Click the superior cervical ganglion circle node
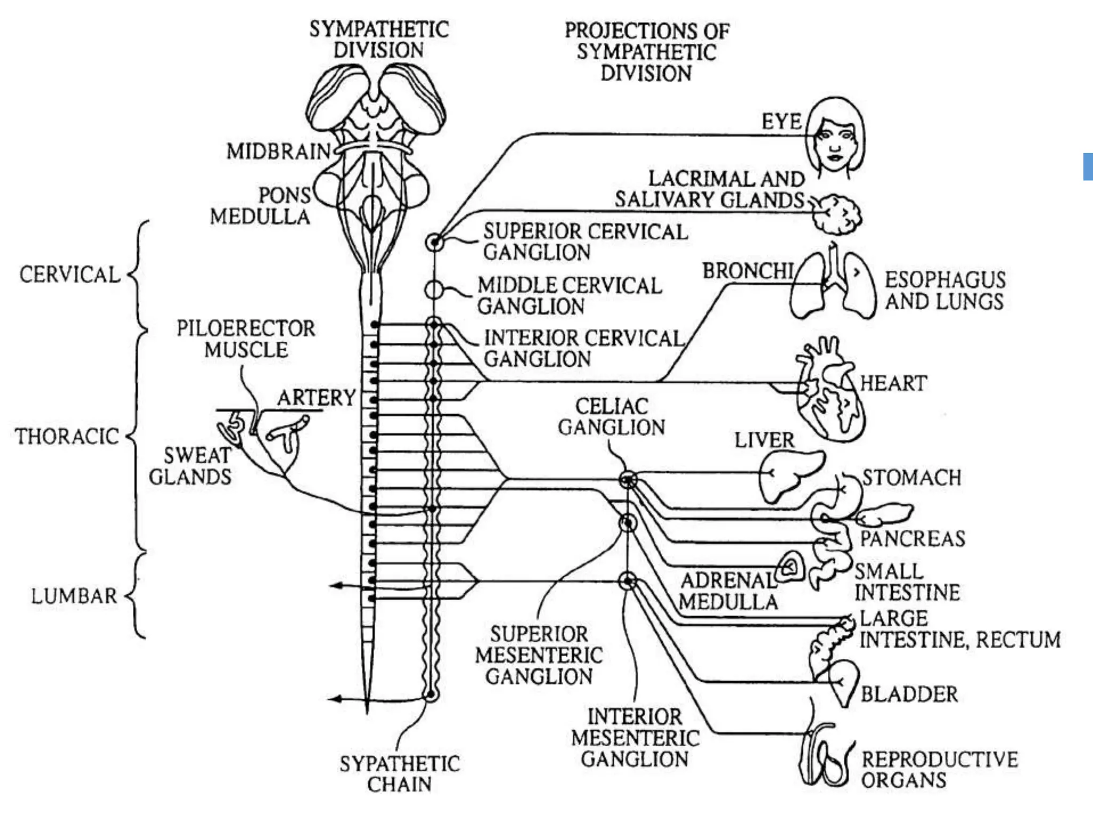click(x=435, y=242)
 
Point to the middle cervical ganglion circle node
click(x=434, y=290)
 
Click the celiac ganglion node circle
click(x=628, y=480)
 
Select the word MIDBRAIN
click(x=278, y=152)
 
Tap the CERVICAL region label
click(x=70, y=275)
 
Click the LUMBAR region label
click(x=74, y=596)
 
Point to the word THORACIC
click(x=67, y=436)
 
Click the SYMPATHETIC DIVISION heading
click(x=379, y=40)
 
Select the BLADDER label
click(x=909, y=694)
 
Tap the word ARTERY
click(x=316, y=398)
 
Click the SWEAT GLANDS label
click(x=191, y=466)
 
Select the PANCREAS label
click(x=912, y=538)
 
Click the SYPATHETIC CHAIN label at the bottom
click(x=399, y=774)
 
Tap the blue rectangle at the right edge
click(x=1088, y=167)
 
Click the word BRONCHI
click(x=747, y=271)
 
